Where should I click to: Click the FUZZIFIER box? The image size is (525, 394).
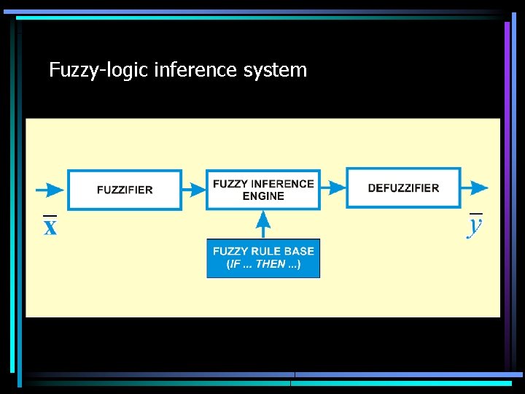point(125,190)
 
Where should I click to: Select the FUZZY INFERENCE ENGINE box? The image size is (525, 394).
point(263,190)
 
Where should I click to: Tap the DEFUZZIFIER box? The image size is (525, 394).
point(403,188)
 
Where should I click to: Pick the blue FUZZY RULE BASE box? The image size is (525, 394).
point(263,258)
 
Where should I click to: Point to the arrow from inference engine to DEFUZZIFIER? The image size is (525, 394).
point(333,188)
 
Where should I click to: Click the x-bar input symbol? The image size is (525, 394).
point(50,227)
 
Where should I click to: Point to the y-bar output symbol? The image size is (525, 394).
point(475,225)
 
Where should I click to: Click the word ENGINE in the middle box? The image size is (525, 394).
point(263,196)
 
